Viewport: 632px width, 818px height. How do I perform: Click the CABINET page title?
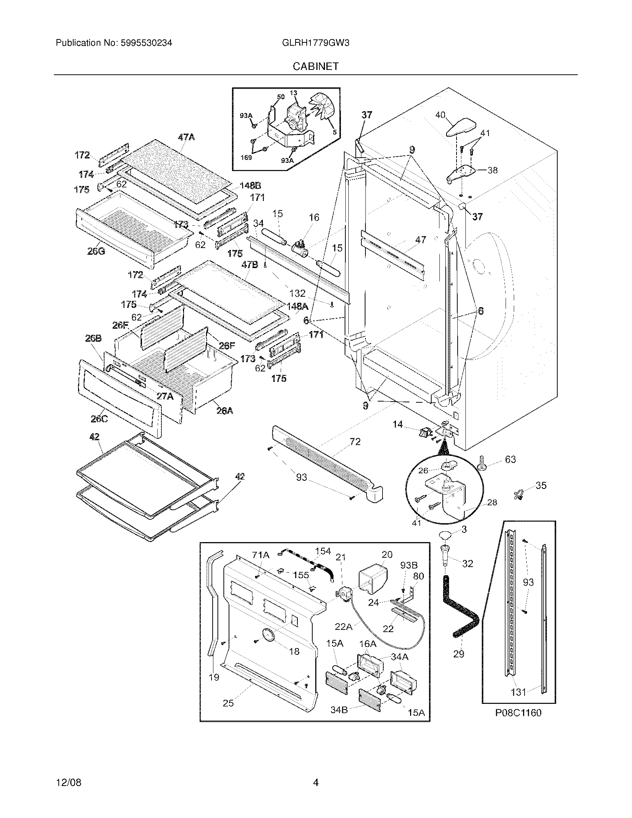point(315,66)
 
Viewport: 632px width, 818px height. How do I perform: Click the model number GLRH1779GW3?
point(315,43)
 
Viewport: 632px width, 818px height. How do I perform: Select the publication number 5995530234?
point(146,43)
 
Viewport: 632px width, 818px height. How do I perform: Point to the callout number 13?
point(293,93)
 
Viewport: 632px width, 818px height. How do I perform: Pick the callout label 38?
point(492,170)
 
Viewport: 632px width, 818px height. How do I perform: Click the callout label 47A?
point(186,138)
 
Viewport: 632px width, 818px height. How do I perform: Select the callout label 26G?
point(96,251)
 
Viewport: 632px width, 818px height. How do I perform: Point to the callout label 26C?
point(100,419)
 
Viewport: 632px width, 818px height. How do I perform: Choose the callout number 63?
point(510,459)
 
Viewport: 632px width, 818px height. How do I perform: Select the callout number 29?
point(459,654)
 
